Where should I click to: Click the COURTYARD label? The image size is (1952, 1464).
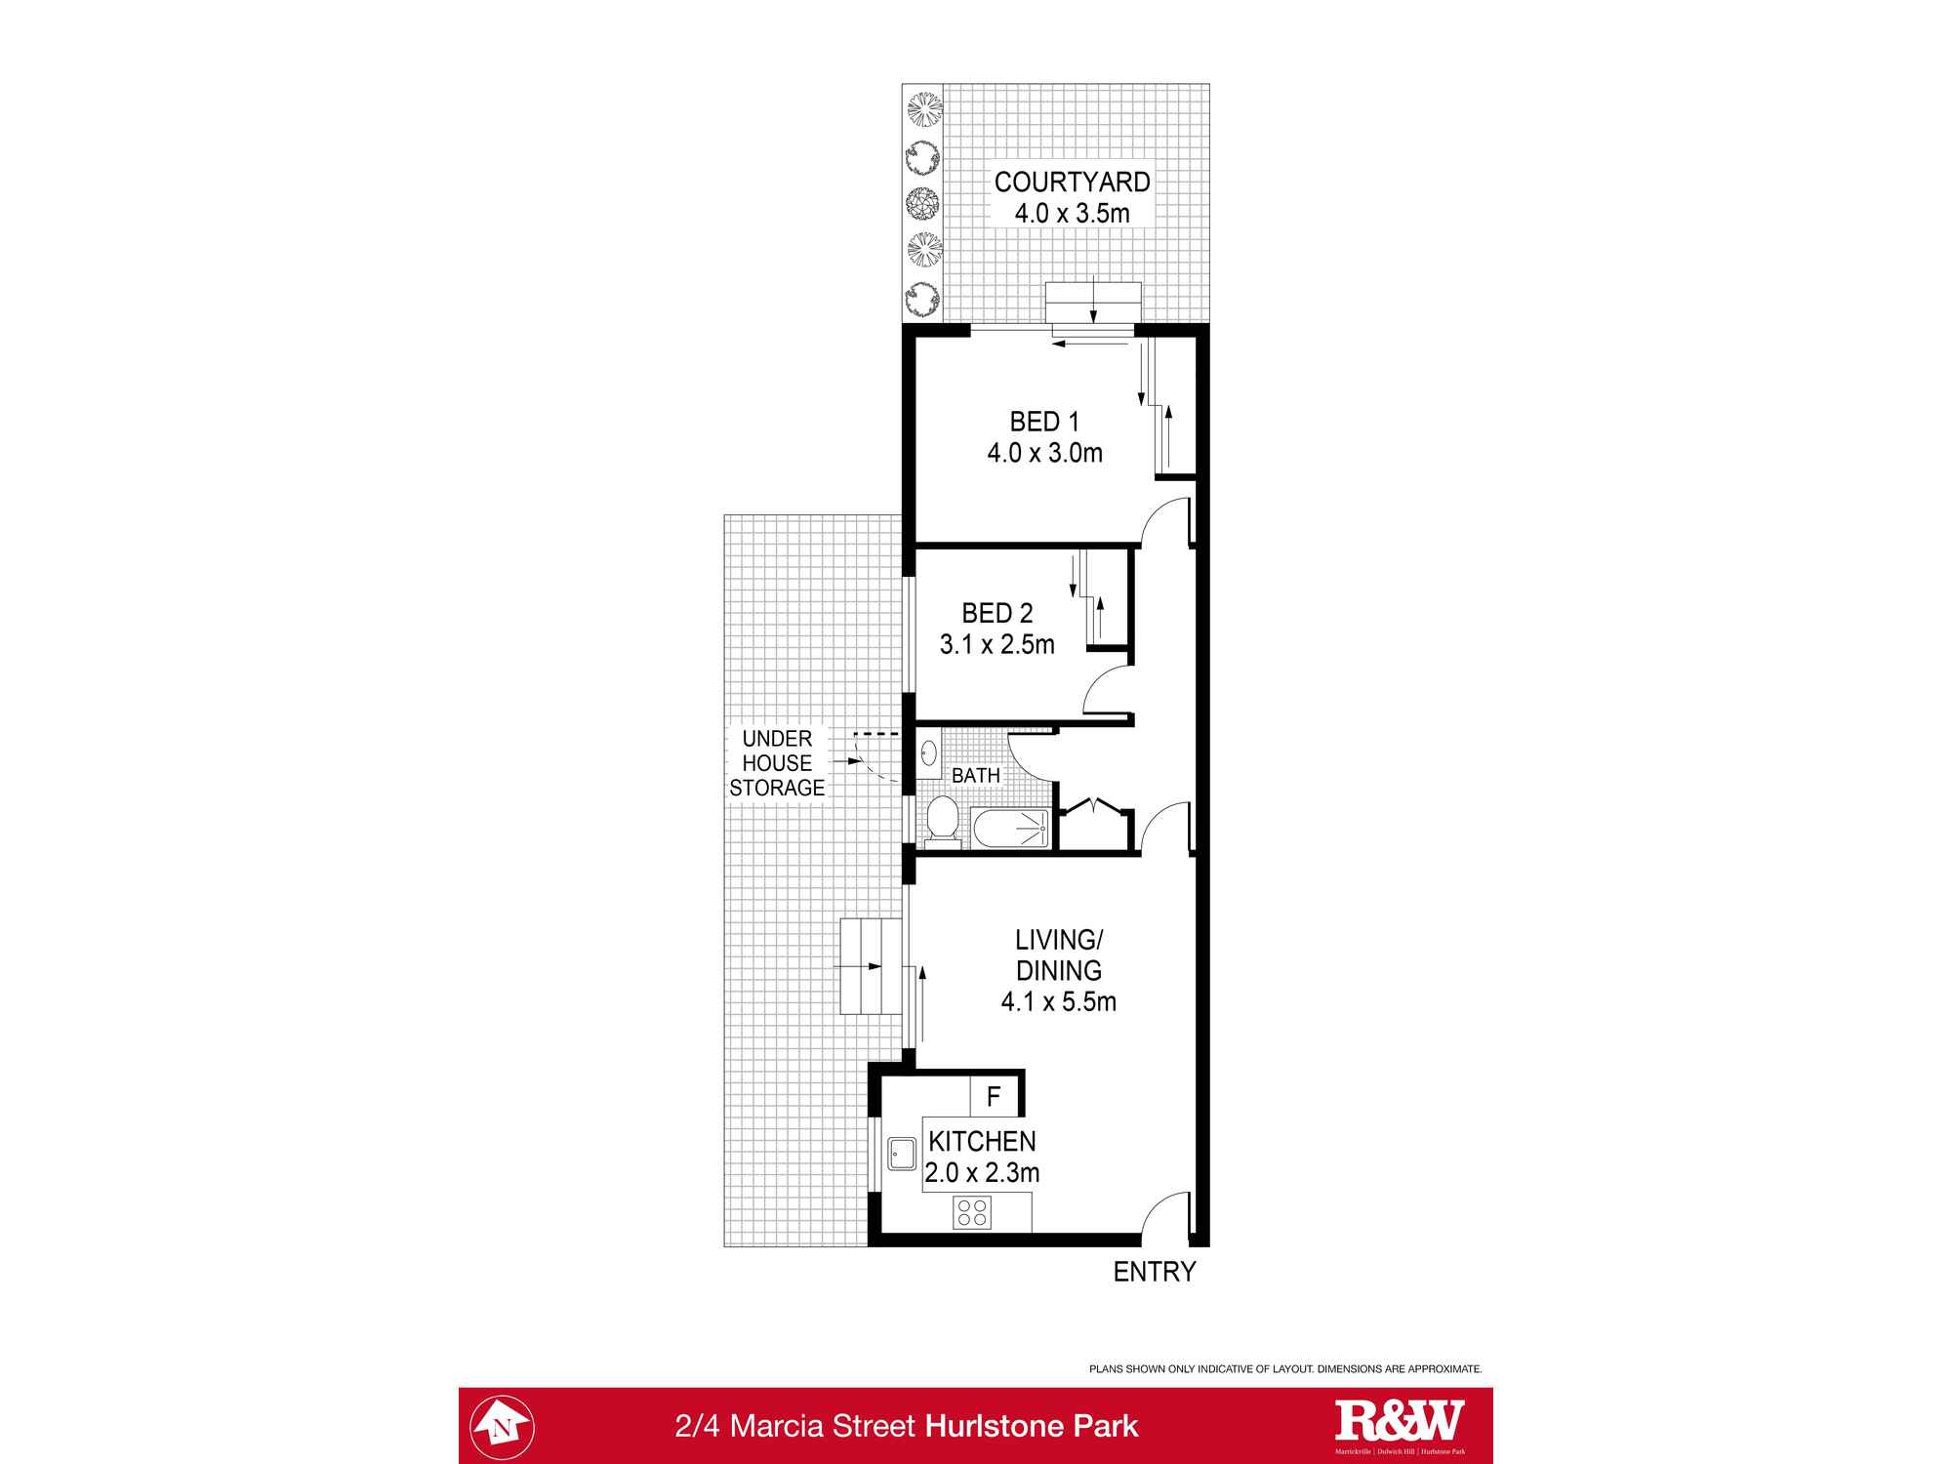point(1072,182)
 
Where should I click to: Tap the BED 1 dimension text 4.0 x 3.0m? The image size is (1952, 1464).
point(1044,453)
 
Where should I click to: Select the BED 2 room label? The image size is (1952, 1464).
point(996,613)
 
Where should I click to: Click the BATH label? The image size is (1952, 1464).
point(976,775)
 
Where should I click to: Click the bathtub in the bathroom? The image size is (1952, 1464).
point(1010,829)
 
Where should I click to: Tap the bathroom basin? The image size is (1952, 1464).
point(928,753)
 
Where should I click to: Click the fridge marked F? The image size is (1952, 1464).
point(995,1097)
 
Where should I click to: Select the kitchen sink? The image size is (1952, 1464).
point(901,1153)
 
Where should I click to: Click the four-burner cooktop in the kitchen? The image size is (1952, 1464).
point(972,1213)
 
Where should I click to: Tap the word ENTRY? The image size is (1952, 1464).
point(1155,1272)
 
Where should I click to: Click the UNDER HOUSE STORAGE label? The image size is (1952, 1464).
point(777,763)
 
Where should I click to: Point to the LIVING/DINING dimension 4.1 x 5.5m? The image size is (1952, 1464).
point(1058,1001)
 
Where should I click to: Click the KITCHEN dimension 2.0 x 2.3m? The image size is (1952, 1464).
point(982,1172)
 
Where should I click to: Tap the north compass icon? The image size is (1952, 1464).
point(503,1426)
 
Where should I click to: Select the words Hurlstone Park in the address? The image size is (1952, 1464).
point(1032,1426)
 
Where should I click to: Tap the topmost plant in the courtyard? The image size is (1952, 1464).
point(923,108)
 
